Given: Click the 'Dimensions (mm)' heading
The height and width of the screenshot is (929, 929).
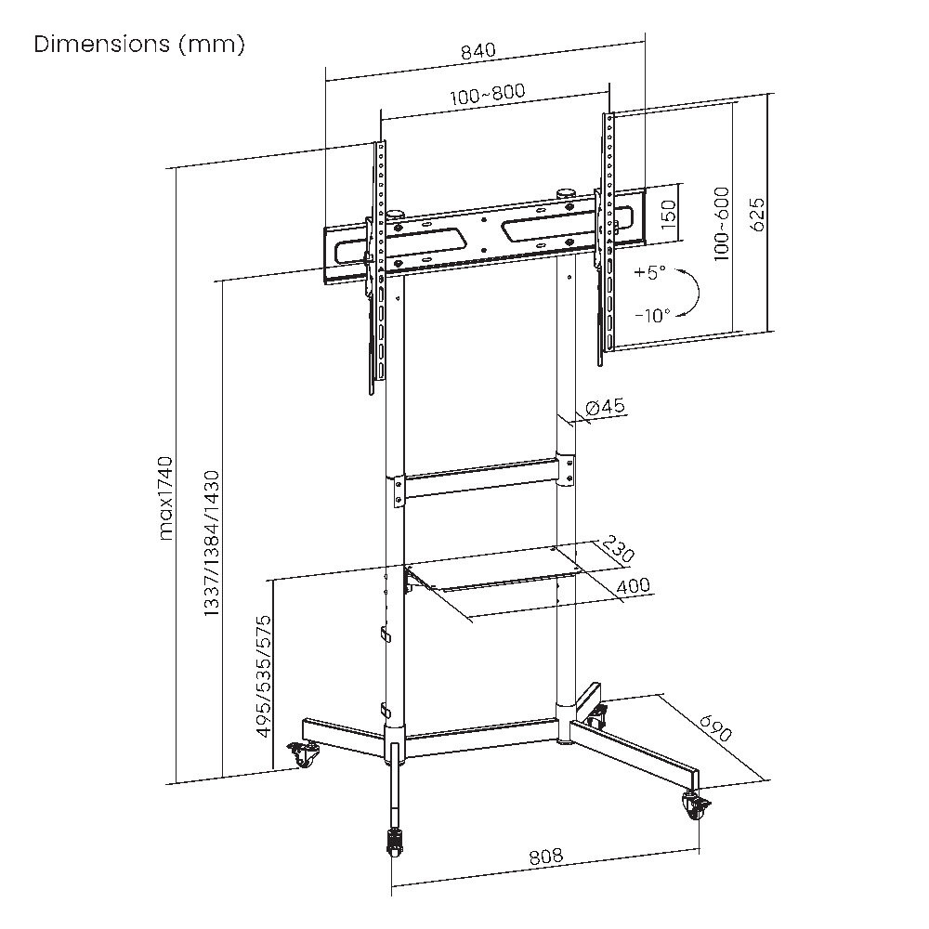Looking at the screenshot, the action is click(139, 45).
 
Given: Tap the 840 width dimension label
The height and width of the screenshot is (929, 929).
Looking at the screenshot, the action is click(478, 51).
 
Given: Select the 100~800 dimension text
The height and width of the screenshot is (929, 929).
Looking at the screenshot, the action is click(488, 94).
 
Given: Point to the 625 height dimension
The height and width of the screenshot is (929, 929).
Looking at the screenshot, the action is click(757, 215).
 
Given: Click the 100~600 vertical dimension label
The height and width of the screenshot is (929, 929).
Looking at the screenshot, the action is click(722, 225).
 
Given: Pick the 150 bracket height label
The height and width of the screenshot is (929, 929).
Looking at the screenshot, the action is click(668, 216).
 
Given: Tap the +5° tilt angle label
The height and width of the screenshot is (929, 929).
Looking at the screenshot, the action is click(649, 272).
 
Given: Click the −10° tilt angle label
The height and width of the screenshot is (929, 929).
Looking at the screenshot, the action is click(652, 315).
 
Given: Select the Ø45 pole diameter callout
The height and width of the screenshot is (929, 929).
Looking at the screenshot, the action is click(605, 407).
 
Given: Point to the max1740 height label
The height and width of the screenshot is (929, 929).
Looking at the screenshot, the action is click(166, 498).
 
